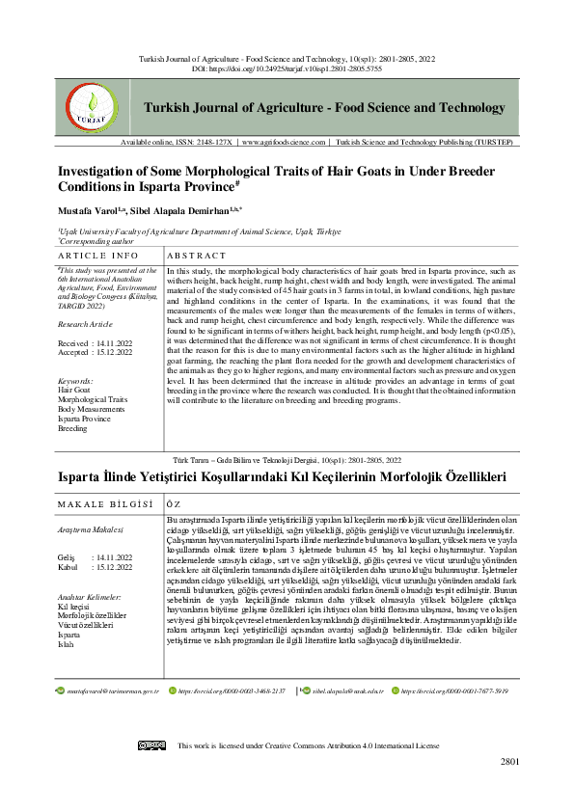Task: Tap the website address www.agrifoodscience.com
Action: [x=286, y=142]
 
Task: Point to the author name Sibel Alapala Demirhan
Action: [x=193, y=209]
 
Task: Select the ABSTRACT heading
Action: [x=198, y=256]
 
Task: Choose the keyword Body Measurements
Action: [x=91, y=409]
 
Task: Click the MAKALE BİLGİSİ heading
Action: [x=105, y=503]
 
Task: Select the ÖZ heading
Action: [x=174, y=503]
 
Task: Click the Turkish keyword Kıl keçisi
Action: [x=75, y=581]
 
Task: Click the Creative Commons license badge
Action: [x=151, y=745]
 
